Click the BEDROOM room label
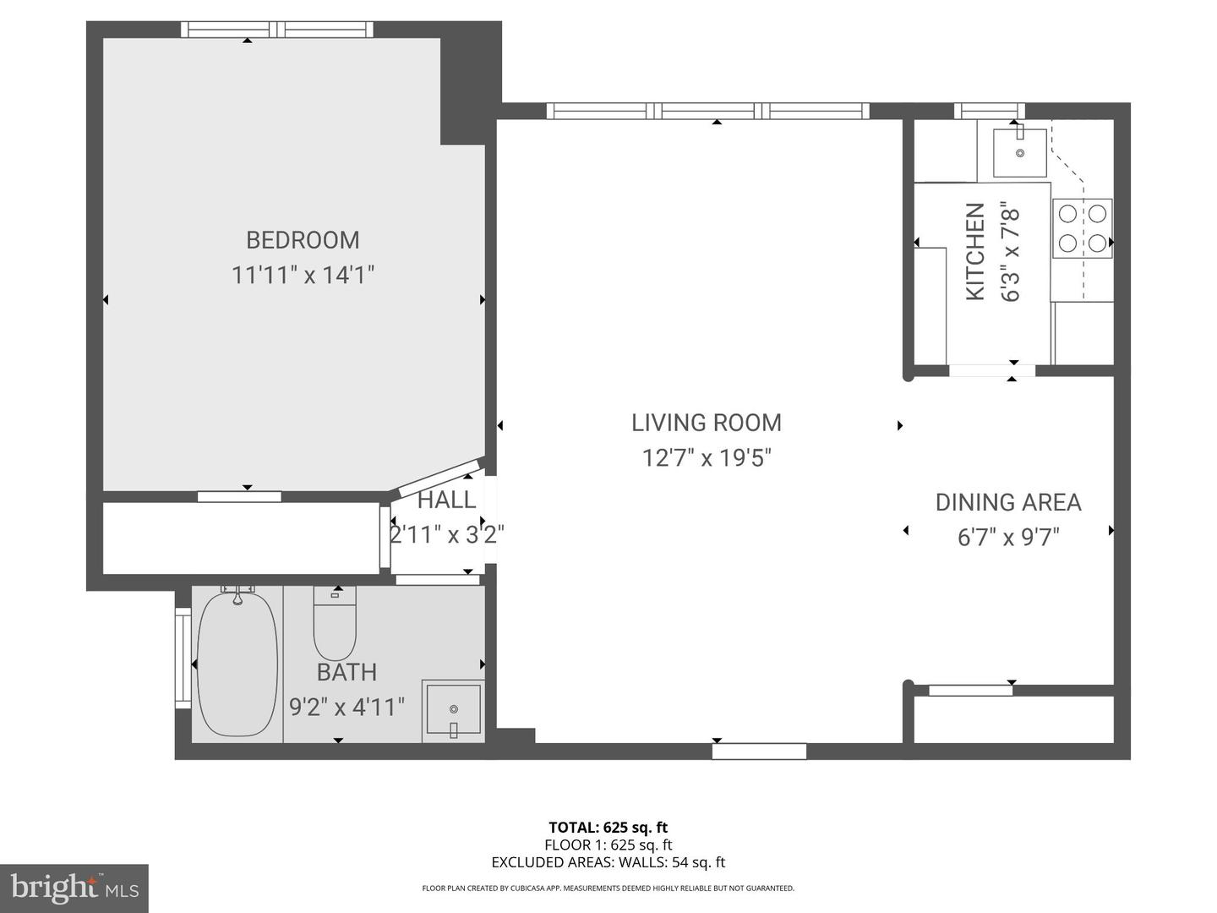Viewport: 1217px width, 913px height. click(303, 240)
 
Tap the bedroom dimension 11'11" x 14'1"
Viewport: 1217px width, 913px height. click(303, 275)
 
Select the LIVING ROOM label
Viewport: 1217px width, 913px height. click(707, 423)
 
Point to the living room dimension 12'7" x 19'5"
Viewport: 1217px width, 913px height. click(707, 458)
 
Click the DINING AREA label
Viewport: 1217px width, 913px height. click(1008, 502)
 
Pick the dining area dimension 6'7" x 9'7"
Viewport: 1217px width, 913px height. click(1008, 538)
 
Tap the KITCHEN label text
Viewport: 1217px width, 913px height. click(975, 251)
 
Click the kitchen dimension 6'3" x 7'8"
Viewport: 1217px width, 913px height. click(1011, 251)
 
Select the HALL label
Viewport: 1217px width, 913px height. click(446, 500)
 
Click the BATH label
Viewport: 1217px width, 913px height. click(347, 673)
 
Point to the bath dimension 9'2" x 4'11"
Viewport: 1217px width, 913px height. click(347, 707)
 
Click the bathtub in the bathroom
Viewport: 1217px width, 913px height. click(237, 664)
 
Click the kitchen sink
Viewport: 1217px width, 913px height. click(1020, 152)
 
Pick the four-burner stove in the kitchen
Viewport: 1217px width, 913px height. click(1082, 228)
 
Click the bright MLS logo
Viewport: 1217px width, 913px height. click(74, 888)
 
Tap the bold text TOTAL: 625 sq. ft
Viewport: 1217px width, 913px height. click(608, 828)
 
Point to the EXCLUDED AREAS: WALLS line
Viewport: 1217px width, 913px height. click(608, 862)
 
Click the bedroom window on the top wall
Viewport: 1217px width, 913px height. click(277, 30)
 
